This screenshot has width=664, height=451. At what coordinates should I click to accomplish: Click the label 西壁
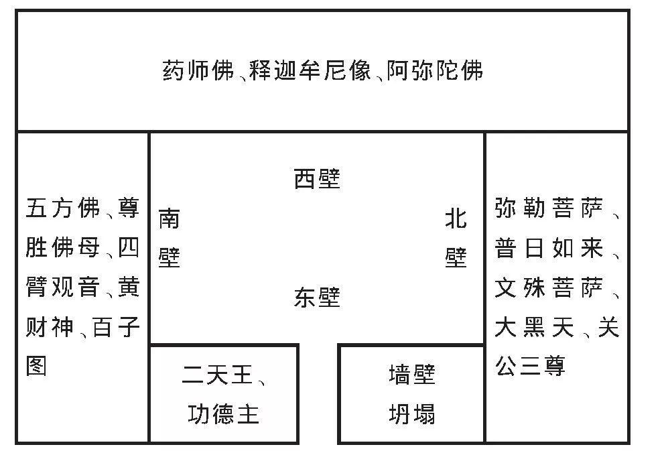(317, 179)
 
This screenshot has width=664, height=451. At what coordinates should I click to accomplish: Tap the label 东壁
(317, 298)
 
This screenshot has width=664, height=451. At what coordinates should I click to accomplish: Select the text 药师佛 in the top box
(198, 70)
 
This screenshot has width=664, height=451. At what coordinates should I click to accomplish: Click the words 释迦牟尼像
(310, 70)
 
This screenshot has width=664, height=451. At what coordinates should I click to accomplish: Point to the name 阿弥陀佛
(435, 70)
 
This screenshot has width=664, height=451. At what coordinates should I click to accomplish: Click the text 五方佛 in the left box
(63, 208)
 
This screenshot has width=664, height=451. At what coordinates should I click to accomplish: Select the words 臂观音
(63, 287)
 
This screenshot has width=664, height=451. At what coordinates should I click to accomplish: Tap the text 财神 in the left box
(50, 327)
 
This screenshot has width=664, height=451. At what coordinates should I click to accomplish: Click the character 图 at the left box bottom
(36, 366)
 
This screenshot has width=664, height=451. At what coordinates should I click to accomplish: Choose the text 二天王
(218, 375)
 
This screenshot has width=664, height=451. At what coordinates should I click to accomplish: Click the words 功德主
(223, 414)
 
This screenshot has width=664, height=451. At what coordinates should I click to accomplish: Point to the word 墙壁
(412, 375)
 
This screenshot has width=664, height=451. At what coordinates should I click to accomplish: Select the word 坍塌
(412, 414)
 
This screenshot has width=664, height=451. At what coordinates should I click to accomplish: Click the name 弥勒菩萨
(549, 208)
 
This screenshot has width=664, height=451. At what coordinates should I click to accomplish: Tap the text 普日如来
(549, 248)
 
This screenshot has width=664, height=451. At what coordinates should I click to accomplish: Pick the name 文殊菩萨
(549, 287)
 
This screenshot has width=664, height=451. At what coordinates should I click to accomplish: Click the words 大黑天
(535, 327)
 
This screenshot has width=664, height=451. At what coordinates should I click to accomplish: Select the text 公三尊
(530, 366)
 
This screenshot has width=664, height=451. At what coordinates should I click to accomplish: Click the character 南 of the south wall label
(170, 218)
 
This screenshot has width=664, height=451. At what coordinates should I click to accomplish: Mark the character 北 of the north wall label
(456, 218)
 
